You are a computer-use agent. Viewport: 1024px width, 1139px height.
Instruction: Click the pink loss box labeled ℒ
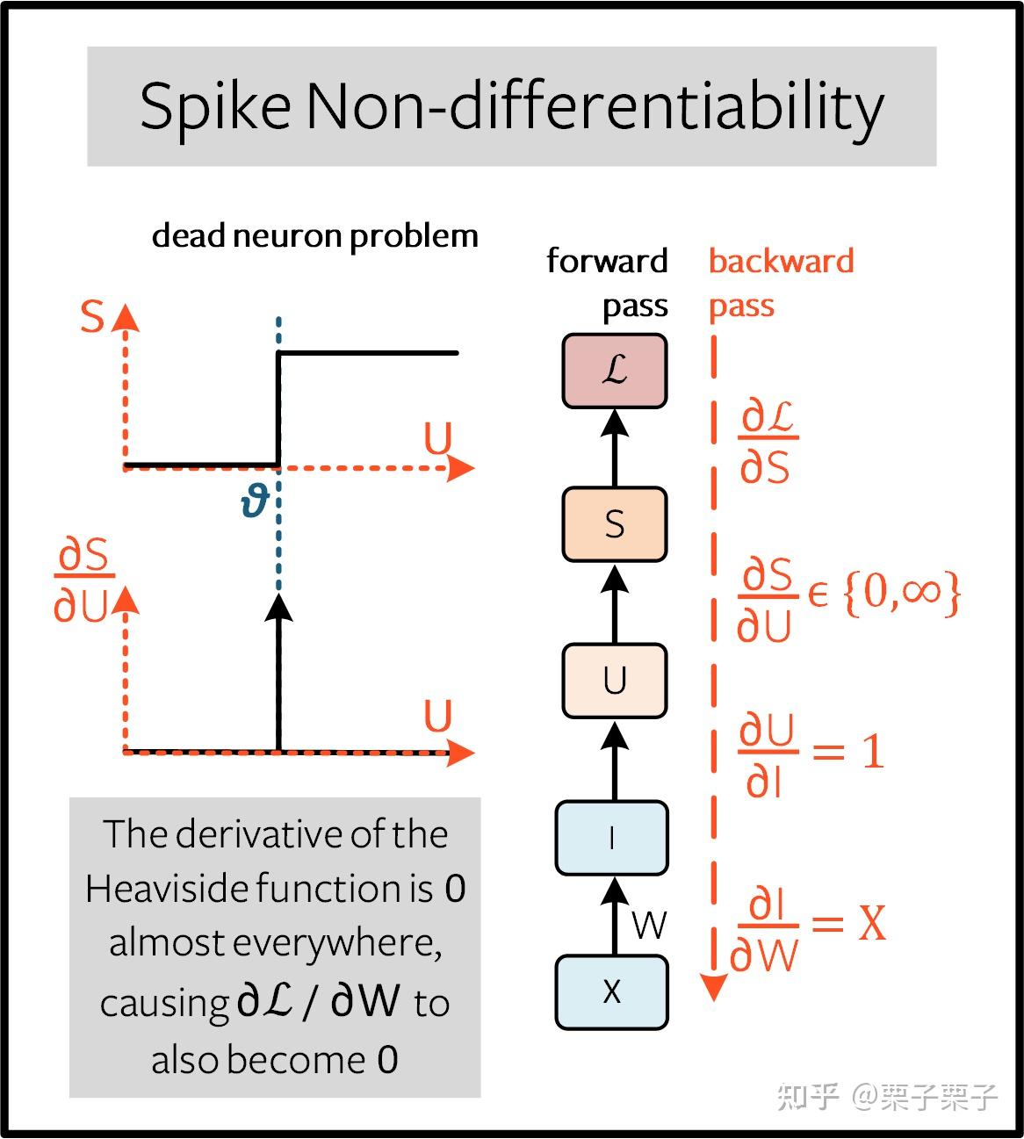click(x=615, y=371)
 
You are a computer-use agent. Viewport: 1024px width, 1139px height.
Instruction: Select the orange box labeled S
click(x=615, y=524)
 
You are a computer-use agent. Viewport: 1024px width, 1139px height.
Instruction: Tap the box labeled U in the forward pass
click(x=615, y=681)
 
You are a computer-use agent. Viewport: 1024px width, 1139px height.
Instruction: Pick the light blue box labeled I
click(x=611, y=838)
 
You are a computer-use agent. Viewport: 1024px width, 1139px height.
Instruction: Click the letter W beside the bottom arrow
click(x=649, y=925)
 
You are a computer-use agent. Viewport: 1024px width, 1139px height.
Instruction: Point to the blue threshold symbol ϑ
click(x=254, y=502)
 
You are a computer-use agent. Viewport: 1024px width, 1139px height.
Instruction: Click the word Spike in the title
click(x=215, y=106)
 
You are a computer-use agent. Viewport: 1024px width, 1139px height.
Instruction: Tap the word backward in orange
click(x=782, y=261)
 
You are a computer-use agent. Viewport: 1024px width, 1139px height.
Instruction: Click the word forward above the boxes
click(x=607, y=261)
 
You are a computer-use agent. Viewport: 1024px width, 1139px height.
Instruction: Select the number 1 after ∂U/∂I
click(x=874, y=751)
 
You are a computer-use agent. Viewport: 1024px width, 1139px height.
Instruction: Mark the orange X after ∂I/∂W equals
click(x=872, y=923)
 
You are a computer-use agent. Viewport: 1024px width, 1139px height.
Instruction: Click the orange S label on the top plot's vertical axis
click(x=92, y=315)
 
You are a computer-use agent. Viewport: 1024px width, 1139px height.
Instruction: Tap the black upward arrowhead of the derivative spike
click(x=278, y=607)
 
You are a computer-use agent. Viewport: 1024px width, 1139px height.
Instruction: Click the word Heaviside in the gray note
click(x=169, y=889)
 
